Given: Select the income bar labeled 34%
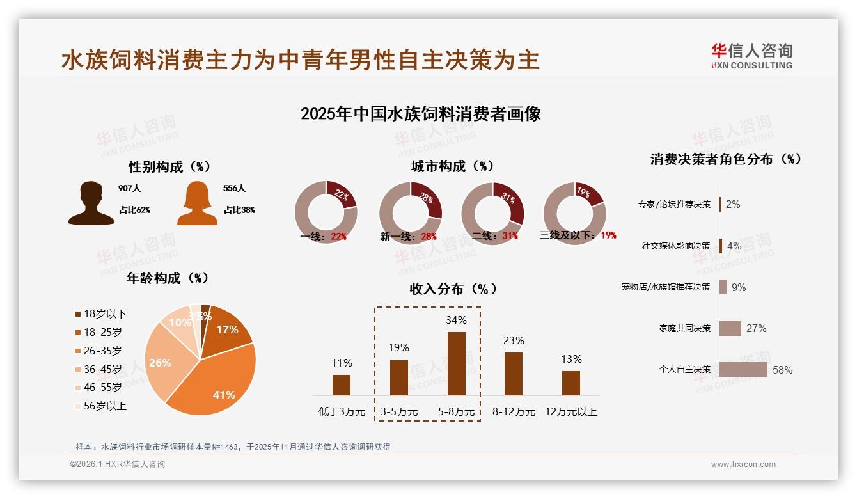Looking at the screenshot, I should click(x=456, y=363).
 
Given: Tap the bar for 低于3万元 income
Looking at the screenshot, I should click(x=342, y=384).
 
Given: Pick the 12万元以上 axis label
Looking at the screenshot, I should click(x=570, y=412).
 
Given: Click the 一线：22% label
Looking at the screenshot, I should click(x=323, y=236).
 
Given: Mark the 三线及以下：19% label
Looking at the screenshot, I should click(x=578, y=235).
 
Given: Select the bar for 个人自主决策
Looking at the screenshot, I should click(x=743, y=369).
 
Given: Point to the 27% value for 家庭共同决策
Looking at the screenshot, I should click(x=756, y=328).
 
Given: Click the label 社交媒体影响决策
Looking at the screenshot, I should click(x=676, y=246).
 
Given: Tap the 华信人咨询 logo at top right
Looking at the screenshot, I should click(x=751, y=56).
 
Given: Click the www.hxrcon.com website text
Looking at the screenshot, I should click(x=743, y=464).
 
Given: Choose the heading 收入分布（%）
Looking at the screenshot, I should click(x=453, y=289).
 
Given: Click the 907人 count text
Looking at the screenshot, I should click(x=129, y=189).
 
